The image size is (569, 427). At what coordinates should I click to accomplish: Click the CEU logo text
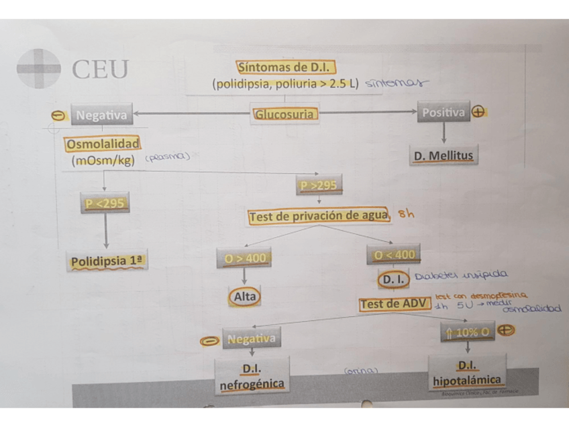coord(100,68)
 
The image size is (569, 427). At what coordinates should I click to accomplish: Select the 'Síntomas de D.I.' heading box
coord(286,67)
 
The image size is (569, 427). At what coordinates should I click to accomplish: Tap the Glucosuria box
coord(284,114)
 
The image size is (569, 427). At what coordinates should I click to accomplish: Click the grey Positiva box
coord(443,113)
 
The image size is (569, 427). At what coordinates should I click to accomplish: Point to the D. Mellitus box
coord(443,156)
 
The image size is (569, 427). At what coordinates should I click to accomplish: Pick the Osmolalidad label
coord(103,144)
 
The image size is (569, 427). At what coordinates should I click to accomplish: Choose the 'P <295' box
coord(105,203)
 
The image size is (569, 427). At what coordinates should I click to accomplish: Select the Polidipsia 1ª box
coord(107,260)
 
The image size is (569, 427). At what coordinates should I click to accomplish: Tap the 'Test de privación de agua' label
coord(318,216)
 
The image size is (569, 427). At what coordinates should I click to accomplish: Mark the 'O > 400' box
coord(243,257)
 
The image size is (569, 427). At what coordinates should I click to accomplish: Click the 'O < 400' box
coord(394,254)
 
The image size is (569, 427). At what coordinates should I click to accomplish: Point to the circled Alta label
coord(244,295)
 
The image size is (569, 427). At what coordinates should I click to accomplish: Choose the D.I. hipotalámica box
coord(467,373)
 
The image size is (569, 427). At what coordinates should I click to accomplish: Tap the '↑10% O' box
coord(467,332)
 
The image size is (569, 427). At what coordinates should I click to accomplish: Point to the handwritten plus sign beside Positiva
coord(478,112)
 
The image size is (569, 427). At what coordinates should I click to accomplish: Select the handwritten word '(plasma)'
coord(168,156)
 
